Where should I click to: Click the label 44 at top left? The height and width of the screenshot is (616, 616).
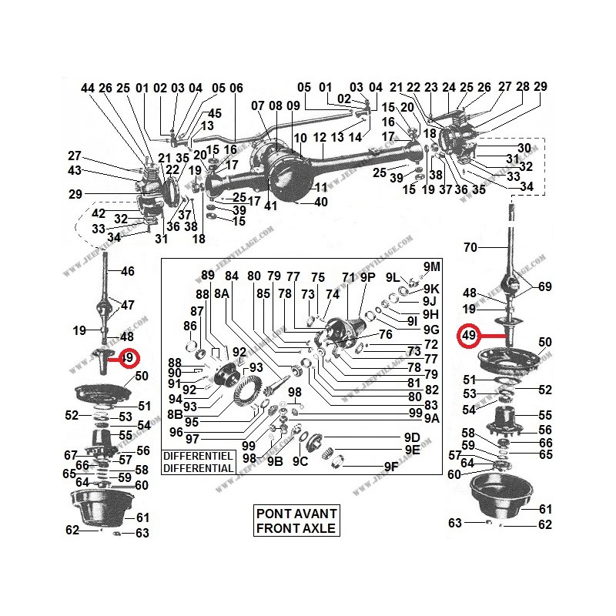click(87, 88)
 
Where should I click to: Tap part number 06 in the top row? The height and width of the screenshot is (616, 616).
click(236, 88)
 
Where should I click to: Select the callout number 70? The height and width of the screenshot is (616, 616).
click(470, 248)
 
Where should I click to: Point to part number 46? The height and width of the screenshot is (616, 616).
click(128, 271)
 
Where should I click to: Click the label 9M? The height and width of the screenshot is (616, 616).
click(433, 266)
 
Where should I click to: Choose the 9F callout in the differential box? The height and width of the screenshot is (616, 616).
click(392, 467)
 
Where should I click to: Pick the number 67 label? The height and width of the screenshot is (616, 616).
click(71, 455)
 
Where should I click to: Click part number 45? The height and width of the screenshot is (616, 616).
click(215, 113)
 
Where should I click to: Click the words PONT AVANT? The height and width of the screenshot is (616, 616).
click(297, 514)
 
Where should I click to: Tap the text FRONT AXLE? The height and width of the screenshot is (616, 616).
click(297, 527)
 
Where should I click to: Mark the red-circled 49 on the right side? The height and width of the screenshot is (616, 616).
click(468, 336)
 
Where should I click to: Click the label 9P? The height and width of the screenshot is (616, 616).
click(367, 276)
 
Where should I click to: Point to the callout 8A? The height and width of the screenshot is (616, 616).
click(221, 293)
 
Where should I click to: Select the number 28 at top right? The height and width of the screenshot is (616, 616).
click(524, 86)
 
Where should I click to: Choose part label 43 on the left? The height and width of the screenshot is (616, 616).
click(75, 170)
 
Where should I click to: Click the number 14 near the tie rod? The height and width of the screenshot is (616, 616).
click(355, 137)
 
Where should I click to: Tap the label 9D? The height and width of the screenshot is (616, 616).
click(412, 437)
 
